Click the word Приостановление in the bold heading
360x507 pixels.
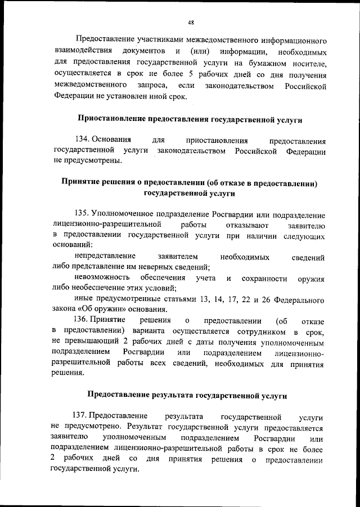(110, 120)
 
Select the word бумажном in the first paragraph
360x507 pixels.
(277, 65)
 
